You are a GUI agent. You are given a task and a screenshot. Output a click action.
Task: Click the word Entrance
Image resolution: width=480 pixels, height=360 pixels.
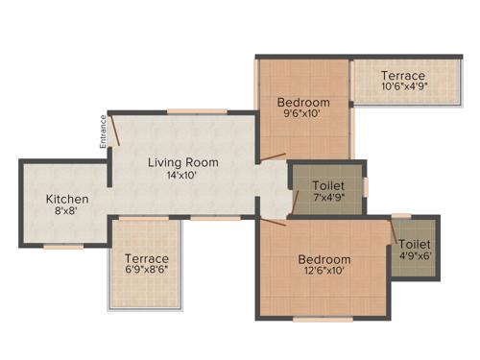(x=101, y=132)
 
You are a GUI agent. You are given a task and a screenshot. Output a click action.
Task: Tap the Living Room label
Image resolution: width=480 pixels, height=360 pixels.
(x=182, y=162)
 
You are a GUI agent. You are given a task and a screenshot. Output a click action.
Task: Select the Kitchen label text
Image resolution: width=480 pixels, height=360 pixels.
(x=67, y=200)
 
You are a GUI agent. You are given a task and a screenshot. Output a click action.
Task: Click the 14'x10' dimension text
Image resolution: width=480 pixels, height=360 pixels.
(x=182, y=176)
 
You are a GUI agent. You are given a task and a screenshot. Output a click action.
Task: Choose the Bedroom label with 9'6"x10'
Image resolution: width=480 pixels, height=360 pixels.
(x=303, y=103)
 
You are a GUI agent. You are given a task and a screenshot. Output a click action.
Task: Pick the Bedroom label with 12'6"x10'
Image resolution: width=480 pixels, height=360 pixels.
(x=324, y=259)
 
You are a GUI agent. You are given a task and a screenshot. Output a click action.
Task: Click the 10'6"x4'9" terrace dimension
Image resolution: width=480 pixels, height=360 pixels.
(x=403, y=87)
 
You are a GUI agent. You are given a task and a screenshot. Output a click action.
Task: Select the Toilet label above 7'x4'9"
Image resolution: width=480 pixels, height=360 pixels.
(x=328, y=184)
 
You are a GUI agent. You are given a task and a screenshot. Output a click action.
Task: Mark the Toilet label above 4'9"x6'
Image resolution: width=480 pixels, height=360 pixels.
(x=415, y=245)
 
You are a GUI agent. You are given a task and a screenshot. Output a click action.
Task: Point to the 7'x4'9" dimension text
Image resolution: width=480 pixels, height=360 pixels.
(x=328, y=197)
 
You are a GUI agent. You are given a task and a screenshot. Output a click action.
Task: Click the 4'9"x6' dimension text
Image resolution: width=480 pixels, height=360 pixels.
(x=415, y=256)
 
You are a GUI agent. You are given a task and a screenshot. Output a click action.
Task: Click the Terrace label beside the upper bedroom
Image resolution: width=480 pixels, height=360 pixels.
(x=403, y=75)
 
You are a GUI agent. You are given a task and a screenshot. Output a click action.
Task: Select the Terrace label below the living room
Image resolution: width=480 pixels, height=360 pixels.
(x=146, y=258)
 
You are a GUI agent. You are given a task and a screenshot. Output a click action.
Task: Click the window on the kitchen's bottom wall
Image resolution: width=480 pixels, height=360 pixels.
(x=63, y=247)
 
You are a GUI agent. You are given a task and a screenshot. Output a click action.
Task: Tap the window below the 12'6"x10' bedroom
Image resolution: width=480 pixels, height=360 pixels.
(x=322, y=319)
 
